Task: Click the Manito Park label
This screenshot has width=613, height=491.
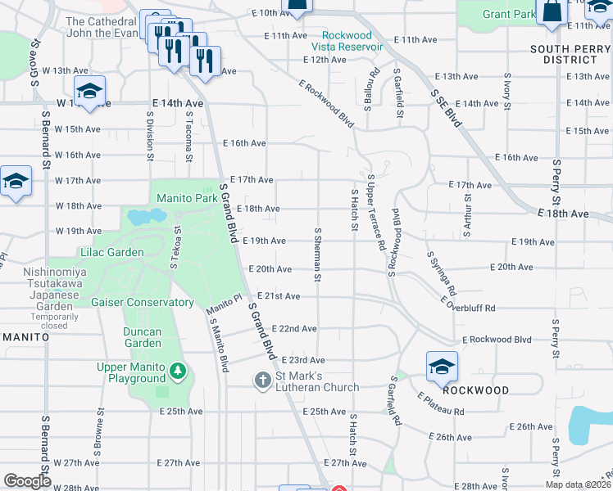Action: pyautogui.click(x=187, y=198)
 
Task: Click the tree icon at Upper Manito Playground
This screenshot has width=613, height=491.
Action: pyautogui.click(x=178, y=372)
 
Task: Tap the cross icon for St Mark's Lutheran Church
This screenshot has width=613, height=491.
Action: pyautogui.click(x=262, y=381)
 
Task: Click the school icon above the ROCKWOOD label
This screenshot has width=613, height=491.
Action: pyautogui.click(x=442, y=367)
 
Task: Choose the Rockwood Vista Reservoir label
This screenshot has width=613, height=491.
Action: pyautogui.click(x=352, y=41)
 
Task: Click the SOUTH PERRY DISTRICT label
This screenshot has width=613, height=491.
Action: pyautogui.click(x=570, y=54)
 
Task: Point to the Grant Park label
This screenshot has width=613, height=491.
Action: pyautogui.click(x=509, y=15)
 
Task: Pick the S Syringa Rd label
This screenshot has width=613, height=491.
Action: pyautogui.click(x=440, y=273)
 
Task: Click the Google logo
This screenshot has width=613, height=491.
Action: pyautogui.click(x=28, y=481)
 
